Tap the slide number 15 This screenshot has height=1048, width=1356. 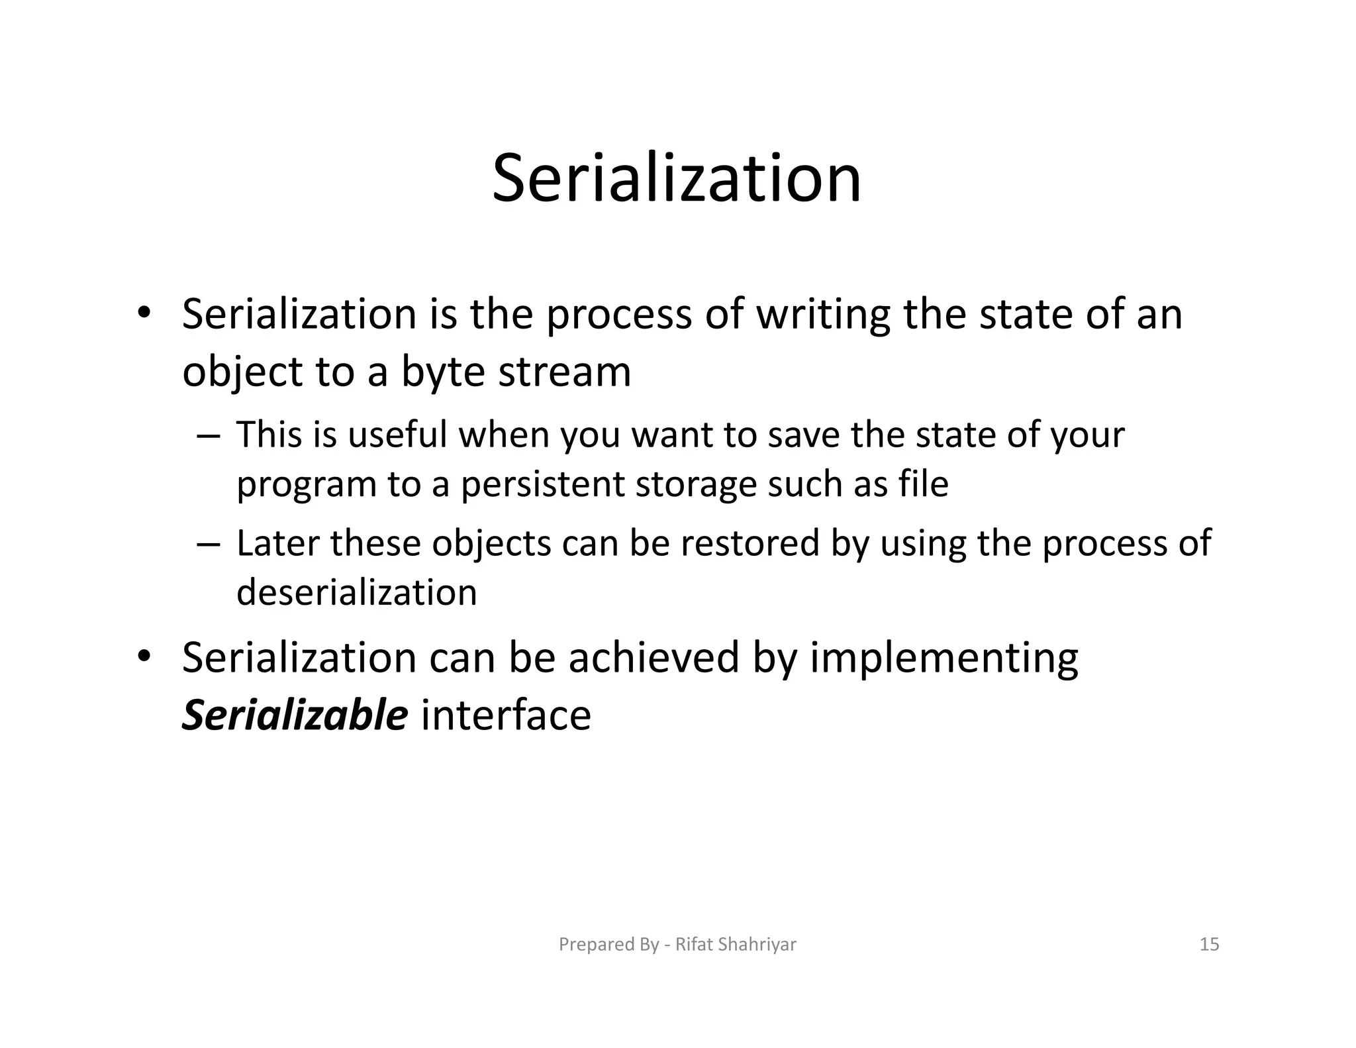click(1209, 944)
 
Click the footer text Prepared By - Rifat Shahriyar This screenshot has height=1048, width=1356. click(677, 944)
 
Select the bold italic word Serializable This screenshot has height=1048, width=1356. click(295, 715)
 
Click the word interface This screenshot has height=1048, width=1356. click(506, 715)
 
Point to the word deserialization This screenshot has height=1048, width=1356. click(356, 592)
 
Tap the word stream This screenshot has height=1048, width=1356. click(564, 372)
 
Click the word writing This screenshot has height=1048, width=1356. click(823, 315)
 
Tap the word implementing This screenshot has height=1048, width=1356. click(944, 659)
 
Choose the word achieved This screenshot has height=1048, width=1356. click(653, 658)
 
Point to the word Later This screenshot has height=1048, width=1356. click(277, 543)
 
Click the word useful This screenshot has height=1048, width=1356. click(397, 435)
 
